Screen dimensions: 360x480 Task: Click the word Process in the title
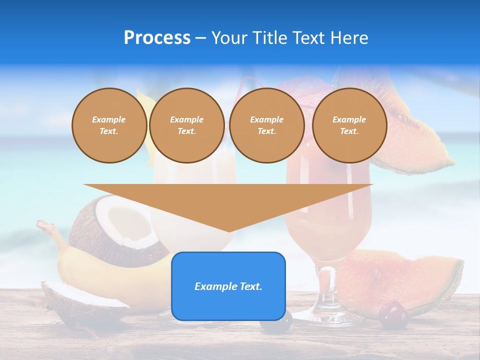tap(157, 38)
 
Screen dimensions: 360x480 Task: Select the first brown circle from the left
tap(109, 125)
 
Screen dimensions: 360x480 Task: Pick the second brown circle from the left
tap(187, 125)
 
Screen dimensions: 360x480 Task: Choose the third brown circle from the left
tap(267, 125)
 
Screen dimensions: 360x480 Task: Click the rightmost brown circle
tap(349, 125)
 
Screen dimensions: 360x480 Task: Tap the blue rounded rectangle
tap(228, 286)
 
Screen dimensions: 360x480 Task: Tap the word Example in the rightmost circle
tap(349, 119)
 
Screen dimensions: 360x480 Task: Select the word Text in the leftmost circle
tap(108, 131)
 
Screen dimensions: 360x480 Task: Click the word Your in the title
tap(230, 38)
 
